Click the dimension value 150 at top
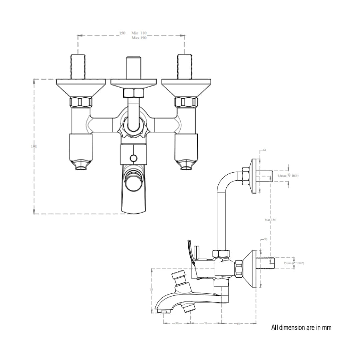tap(122, 33)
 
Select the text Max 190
tap(139, 38)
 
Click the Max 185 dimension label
tap(270, 220)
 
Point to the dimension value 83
tap(152, 290)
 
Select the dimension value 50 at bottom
tap(177, 323)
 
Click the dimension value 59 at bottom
tap(206, 323)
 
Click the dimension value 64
tap(265, 150)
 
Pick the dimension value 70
tap(265, 240)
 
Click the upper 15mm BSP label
tap(288, 175)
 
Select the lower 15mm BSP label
tap(294, 263)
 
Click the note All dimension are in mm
tap(301, 328)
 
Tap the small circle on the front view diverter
tap(133, 158)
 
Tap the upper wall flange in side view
tap(254, 176)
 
